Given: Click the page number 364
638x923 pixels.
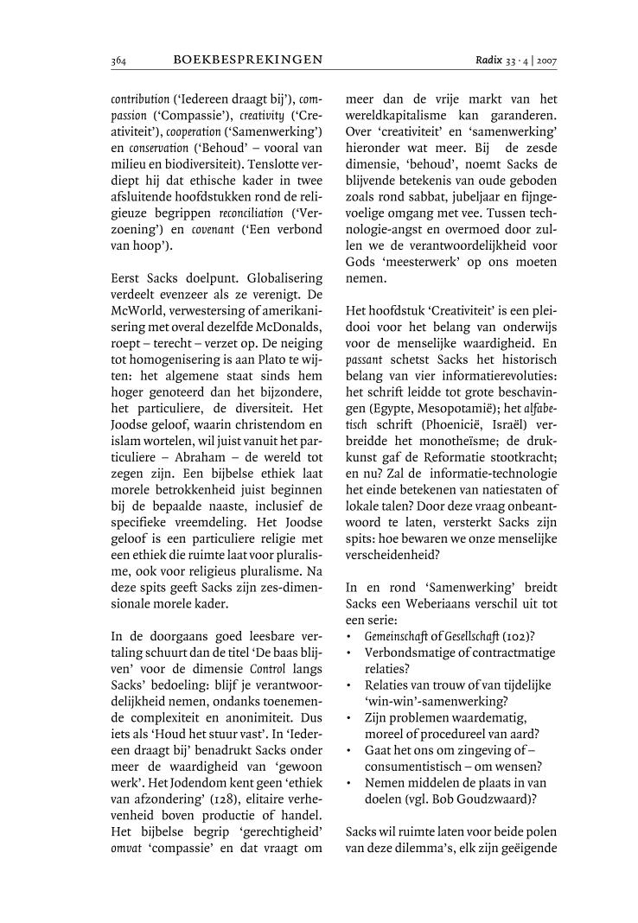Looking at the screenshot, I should pyautogui.click(x=119, y=60).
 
